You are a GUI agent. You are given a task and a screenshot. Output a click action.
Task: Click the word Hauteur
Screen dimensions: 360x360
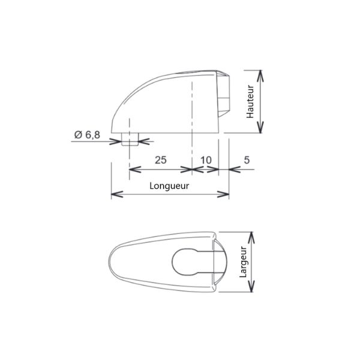(250, 102)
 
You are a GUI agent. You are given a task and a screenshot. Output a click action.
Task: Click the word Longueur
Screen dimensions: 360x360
(169, 186)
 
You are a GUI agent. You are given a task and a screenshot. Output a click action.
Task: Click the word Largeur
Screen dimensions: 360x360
(242, 262)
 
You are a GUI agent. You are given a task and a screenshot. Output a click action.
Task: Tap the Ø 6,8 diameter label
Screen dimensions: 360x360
(87, 135)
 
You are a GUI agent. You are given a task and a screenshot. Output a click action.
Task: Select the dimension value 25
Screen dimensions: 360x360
(160, 160)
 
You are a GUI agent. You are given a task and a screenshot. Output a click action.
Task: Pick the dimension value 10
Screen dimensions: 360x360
(206, 160)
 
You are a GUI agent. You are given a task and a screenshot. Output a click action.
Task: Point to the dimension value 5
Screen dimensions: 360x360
(247, 160)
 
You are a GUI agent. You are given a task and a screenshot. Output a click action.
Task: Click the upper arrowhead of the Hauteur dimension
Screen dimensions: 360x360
(260, 76)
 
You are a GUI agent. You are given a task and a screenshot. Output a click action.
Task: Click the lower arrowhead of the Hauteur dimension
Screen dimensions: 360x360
(260, 127)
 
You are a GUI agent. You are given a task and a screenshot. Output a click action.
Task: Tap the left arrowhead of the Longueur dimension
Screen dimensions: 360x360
(117, 194)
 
